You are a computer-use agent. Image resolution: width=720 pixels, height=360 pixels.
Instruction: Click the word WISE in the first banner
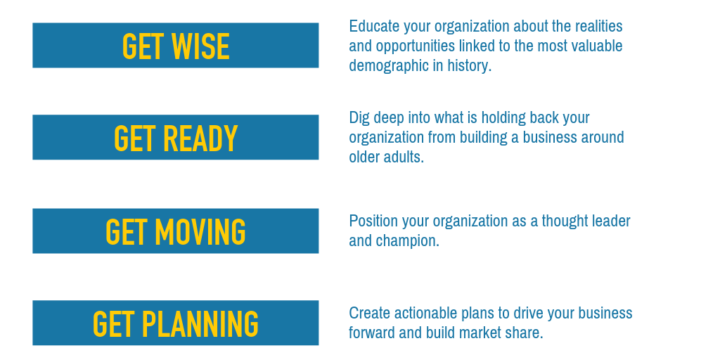point(200,47)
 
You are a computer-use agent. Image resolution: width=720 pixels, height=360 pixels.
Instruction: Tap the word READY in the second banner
point(200,139)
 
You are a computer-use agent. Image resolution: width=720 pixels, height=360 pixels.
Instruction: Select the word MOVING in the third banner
point(200,232)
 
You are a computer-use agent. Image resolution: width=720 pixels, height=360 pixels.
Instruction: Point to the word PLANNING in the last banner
point(200,323)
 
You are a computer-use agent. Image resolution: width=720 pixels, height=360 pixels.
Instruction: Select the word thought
point(564,221)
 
